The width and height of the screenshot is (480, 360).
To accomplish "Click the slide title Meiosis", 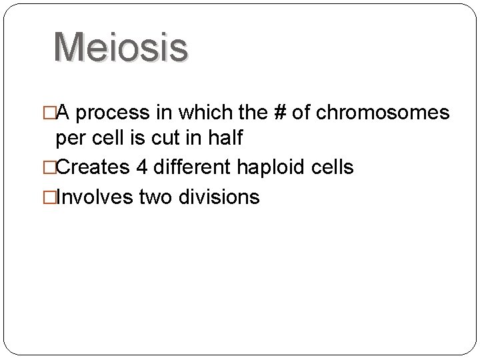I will tap(121, 47).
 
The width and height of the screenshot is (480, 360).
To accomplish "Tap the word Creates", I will tap(93, 167).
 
